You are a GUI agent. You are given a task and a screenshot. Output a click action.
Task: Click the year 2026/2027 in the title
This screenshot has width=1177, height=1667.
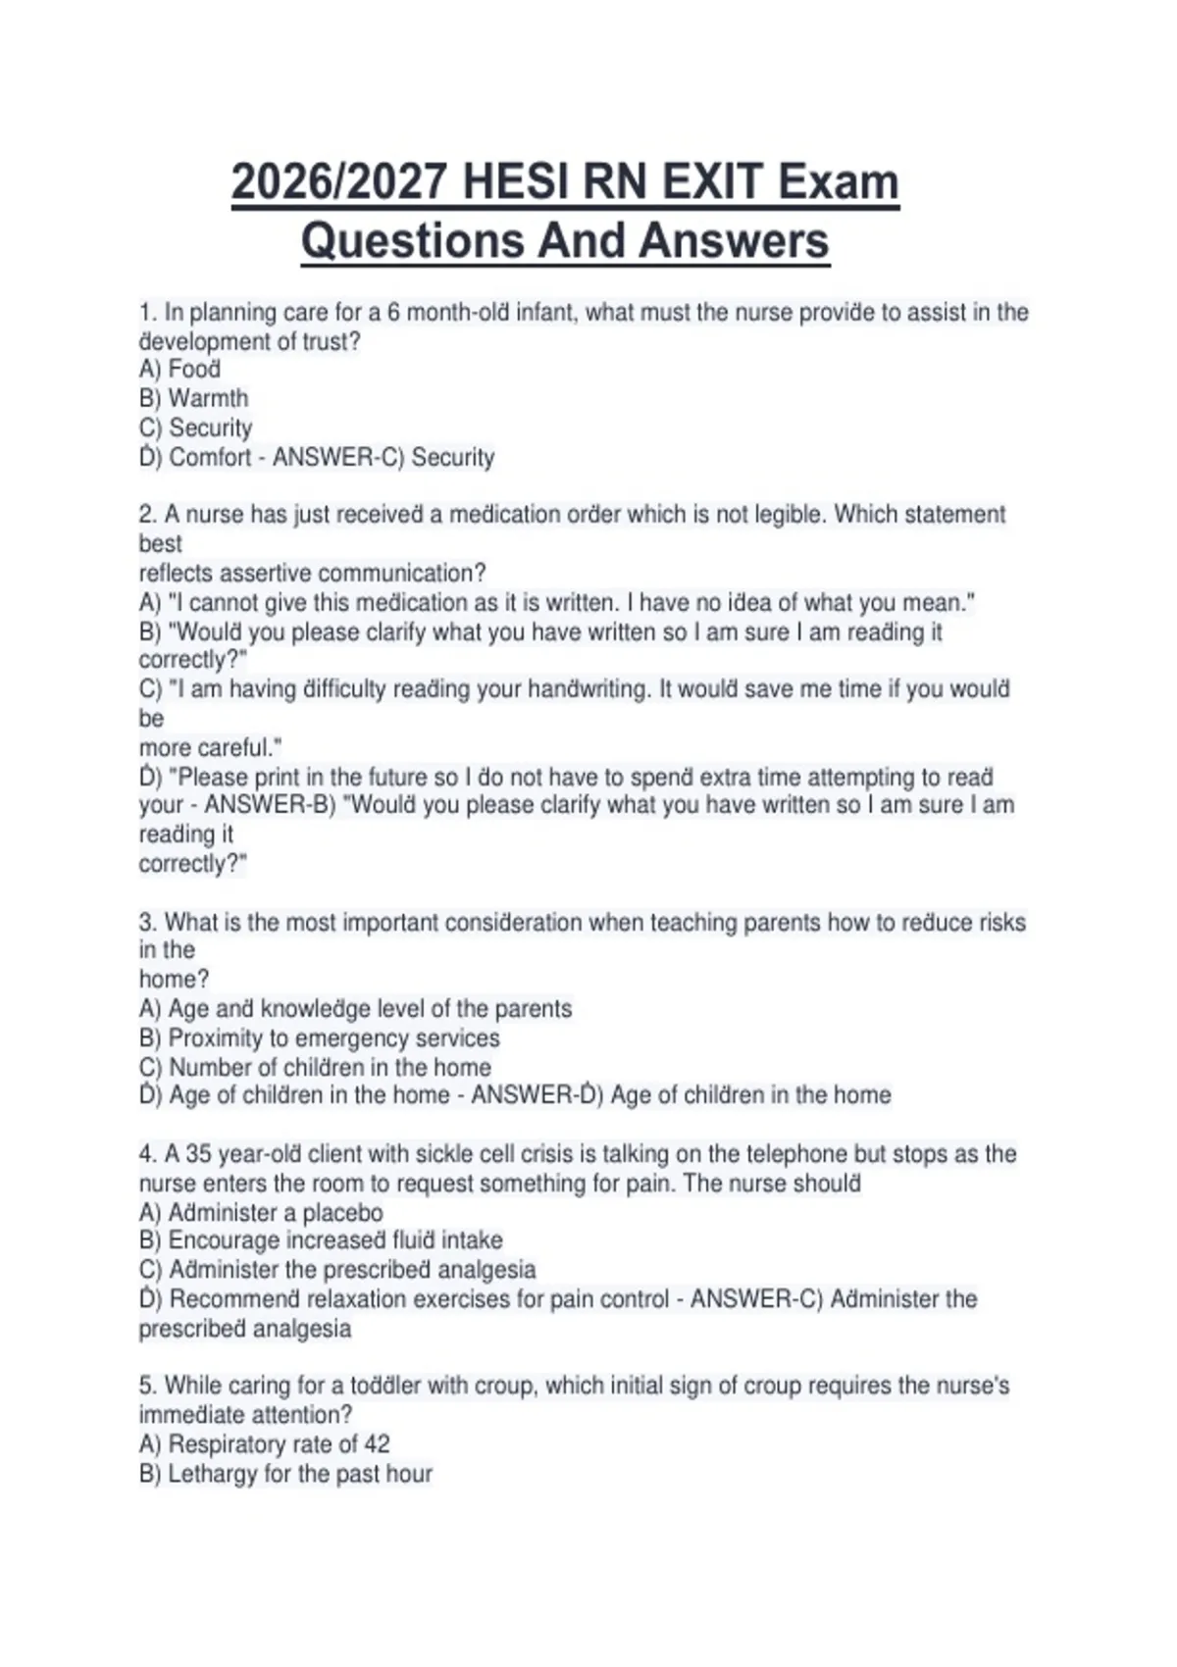338,182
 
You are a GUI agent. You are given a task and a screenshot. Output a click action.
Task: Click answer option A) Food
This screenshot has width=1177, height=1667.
179,370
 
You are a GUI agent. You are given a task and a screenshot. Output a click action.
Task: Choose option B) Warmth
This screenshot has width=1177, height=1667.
193,399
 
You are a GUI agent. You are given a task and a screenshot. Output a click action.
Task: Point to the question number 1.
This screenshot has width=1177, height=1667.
147,313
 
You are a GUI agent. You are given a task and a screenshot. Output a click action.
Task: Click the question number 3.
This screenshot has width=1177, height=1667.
147,923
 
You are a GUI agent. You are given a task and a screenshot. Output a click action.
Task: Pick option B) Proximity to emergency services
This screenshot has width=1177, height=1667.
319,1038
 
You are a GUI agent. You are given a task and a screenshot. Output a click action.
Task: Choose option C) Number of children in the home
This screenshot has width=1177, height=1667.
315,1068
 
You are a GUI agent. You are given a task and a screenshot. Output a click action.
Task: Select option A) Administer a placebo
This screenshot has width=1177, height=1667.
261,1213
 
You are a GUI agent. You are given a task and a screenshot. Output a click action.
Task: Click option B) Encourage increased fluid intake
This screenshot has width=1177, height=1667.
321,1240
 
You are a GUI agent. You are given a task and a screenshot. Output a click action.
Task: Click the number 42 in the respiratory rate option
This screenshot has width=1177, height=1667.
377,1444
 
